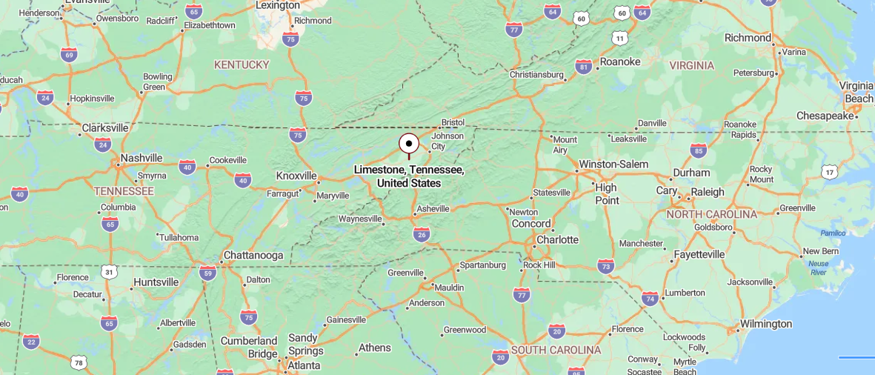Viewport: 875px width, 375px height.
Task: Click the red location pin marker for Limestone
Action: click(408, 144)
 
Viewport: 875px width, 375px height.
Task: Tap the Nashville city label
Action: click(141, 158)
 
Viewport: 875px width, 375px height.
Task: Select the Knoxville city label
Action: click(296, 176)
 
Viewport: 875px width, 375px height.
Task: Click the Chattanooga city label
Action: click(253, 255)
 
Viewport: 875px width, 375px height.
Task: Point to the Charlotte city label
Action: click(557, 239)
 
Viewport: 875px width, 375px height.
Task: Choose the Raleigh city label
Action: click(707, 191)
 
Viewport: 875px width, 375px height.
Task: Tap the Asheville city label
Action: click(433, 209)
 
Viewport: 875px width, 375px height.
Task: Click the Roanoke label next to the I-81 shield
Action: click(619, 62)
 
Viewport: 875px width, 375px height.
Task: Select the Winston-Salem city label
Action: click(613, 164)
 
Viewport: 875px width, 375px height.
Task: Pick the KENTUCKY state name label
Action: click(242, 64)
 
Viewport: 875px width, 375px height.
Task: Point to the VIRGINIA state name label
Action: click(691, 65)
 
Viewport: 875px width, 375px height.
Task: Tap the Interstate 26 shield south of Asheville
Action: click(422, 234)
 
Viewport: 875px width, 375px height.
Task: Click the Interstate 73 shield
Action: click(605, 265)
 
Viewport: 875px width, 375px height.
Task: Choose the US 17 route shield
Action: click(829, 172)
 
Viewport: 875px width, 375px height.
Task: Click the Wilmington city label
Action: click(765, 324)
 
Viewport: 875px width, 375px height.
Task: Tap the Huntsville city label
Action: click(156, 282)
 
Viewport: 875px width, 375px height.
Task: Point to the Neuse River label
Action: click(819, 268)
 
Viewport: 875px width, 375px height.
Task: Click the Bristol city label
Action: click(452, 122)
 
